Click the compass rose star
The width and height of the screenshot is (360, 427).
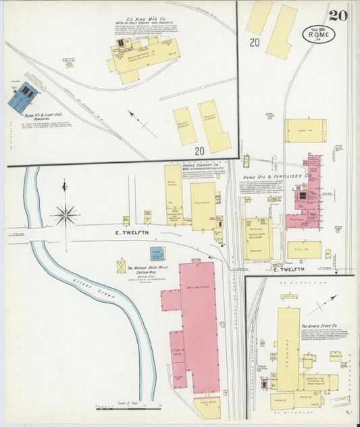[x=66, y=215]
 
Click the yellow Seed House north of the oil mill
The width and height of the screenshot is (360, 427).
[x=305, y=130]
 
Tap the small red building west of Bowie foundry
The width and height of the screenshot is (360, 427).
[x=264, y=384]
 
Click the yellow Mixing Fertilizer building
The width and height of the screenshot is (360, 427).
[x=257, y=238]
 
